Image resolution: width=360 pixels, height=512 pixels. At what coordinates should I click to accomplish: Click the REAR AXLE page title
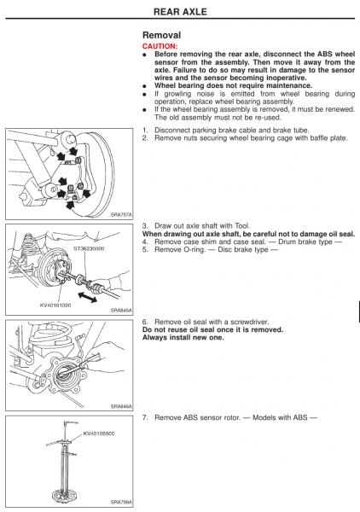point(180,12)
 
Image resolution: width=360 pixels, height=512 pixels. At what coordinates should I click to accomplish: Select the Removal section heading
point(161,35)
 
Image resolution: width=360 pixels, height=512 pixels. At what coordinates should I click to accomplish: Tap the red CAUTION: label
point(160,46)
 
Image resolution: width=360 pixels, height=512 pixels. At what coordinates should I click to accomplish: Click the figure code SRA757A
point(121,214)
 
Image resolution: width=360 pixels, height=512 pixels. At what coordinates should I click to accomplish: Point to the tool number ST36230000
point(89,248)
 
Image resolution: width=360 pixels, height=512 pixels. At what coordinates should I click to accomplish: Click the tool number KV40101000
point(55,305)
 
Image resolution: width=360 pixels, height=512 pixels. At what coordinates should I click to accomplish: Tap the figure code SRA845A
point(121,311)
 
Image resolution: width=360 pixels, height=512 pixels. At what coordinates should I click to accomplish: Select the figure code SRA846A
point(121,406)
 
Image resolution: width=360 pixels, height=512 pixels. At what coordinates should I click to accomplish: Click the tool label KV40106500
point(99,433)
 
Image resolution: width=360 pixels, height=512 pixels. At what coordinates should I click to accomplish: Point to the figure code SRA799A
point(121,502)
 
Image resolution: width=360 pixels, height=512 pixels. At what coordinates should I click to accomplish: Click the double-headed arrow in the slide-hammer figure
point(87,297)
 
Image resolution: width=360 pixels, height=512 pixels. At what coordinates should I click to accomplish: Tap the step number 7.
point(145,417)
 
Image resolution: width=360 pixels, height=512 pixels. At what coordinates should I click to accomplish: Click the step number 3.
point(145,226)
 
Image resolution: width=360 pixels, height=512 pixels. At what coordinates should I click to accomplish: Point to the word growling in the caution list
point(177,94)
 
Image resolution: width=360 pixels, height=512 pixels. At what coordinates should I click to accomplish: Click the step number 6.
point(145,322)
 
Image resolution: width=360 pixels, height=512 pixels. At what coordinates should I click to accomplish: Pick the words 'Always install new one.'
point(183,338)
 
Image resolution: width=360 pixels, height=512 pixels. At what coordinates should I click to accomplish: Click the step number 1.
point(145,131)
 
